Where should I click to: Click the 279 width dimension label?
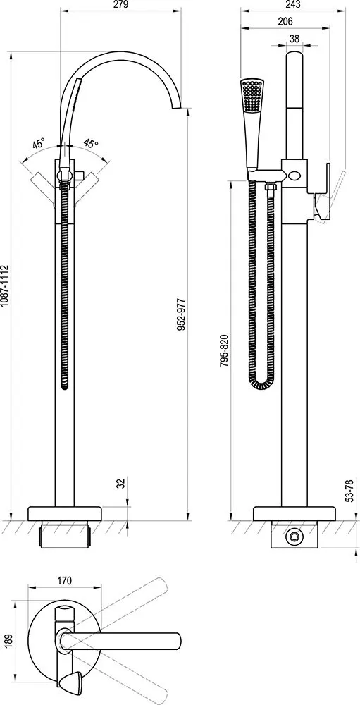click(122, 5)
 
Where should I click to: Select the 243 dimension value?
click(292, 5)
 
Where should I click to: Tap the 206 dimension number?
click(285, 22)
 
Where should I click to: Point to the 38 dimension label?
click(294, 39)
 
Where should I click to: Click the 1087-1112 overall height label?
click(4, 286)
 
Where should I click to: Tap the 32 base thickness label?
click(120, 484)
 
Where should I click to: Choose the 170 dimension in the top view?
click(65, 580)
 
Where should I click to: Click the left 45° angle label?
click(38, 145)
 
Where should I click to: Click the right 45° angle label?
click(91, 144)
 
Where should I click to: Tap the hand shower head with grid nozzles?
click(252, 95)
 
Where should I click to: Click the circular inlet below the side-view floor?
click(294, 537)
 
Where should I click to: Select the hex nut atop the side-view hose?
click(271, 187)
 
